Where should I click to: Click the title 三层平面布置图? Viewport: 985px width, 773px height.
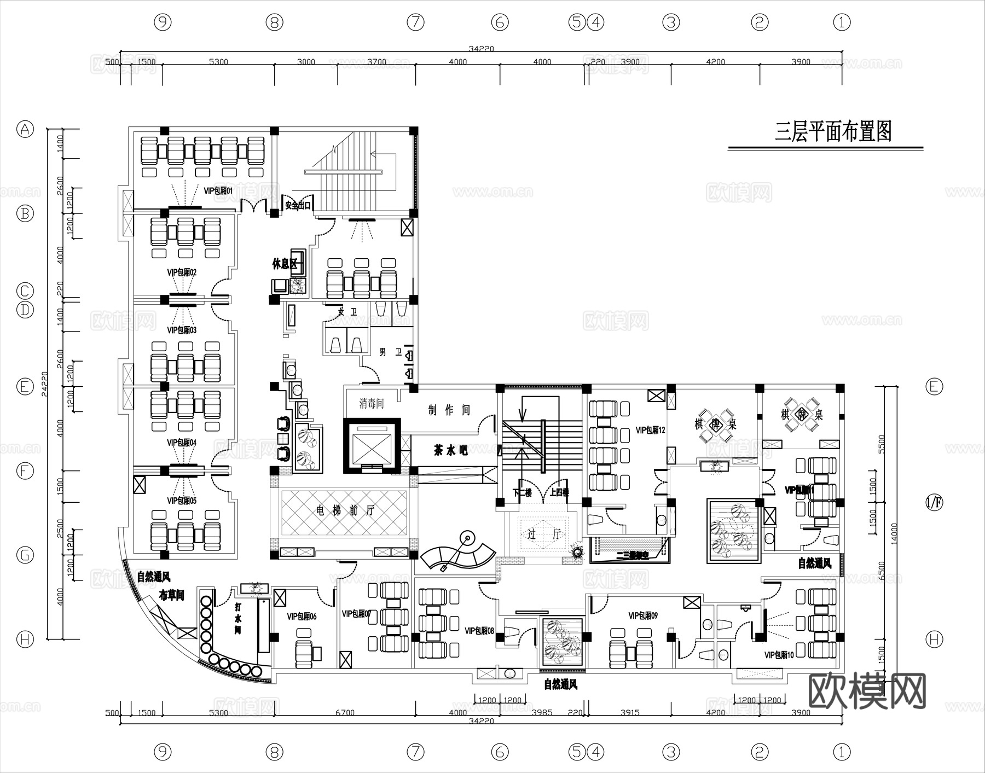(833, 132)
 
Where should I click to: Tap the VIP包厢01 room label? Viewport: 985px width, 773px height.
(218, 191)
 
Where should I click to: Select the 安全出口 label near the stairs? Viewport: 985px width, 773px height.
(298, 206)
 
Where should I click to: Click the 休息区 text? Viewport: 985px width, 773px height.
(284, 264)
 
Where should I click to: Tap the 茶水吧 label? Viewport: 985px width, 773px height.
(450, 451)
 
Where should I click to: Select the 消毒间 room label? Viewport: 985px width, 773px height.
(372, 404)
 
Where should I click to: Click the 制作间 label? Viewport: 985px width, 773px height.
(449, 410)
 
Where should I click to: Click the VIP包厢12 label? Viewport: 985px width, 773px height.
(650, 431)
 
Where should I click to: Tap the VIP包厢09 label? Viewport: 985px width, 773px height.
(643, 616)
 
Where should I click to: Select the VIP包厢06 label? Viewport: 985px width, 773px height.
(302, 617)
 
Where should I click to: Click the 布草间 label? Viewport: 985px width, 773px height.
(171, 596)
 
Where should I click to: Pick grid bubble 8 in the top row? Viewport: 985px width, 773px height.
(275, 22)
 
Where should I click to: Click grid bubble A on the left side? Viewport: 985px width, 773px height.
(25, 130)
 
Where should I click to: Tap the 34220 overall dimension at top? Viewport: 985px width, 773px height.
(481, 49)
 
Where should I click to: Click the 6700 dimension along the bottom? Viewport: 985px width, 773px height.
(345, 713)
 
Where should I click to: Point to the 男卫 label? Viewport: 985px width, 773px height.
(390, 352)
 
